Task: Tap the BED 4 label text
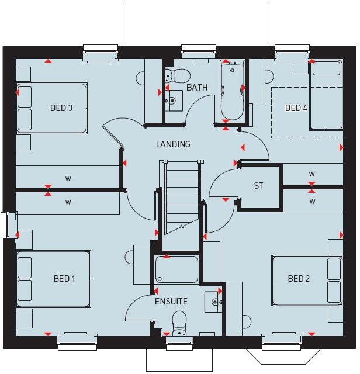tap(296, 108)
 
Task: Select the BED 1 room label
tap(64, 278)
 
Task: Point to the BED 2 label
tap(299, 278)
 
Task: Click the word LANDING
tap(172, 144)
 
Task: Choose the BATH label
tap(197, 88)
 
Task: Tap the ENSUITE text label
tap(171, 302)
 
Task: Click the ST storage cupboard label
tap(258, 186)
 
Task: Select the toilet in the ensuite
tap(179, 322)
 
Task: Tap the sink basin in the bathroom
tap(172, 101)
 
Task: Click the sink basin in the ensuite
tap(215, 302)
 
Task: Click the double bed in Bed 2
tap(307, 279)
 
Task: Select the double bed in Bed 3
tap(51, 108)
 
